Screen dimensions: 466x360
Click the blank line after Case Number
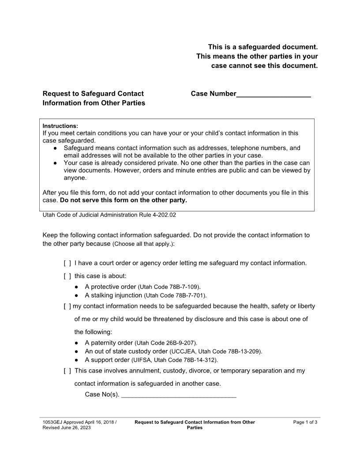[274, 94]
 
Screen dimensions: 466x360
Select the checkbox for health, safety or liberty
[67, 306]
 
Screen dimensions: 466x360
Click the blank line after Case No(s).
[179, 395]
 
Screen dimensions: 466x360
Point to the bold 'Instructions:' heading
[60, 126]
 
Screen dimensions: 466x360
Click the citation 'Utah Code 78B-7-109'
[169, 287]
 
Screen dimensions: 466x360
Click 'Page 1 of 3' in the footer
[305, 422]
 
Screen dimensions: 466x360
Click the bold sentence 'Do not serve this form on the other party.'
[124, 200]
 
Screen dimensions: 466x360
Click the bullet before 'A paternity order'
[77, 343]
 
